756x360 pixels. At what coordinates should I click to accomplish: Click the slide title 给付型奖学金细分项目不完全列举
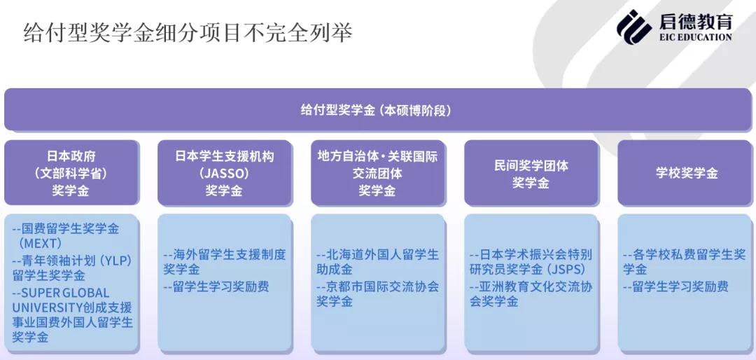tap(187, 33)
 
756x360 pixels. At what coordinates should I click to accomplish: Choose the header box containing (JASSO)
tap(224, 173)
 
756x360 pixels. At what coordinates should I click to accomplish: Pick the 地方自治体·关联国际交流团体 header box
tap(377, 173)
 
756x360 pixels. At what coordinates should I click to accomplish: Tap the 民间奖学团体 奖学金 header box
tap(531, 173)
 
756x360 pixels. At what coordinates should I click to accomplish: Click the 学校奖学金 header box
tap(686, 173)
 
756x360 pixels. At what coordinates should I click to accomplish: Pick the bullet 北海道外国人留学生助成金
tap(377, 262)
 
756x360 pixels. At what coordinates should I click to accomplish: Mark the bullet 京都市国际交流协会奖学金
tap(377, 293)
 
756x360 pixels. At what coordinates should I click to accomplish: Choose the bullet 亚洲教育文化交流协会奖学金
tap(531, 294)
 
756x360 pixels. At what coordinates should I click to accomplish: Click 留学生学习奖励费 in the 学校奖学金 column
tap(675, 286)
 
